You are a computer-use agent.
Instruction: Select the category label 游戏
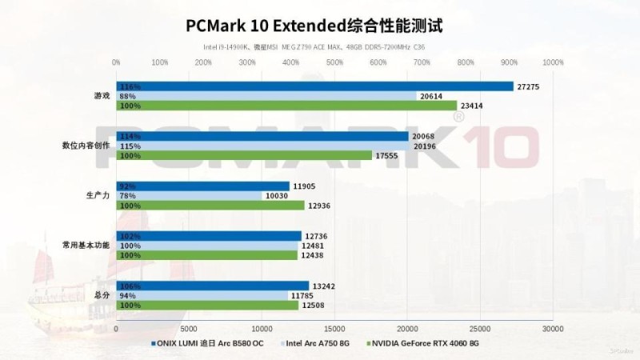pyautogui.click(x=102, y=96)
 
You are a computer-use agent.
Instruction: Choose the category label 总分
pyautogui.click(x=102, y=295)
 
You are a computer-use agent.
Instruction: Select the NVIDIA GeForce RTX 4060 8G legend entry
pyautogui.click(x=424, y=343)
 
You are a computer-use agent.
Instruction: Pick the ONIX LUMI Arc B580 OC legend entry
pyautogui.click(x=210, y=343)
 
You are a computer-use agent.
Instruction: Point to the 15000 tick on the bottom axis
pyautogui.click(x=334, y=328)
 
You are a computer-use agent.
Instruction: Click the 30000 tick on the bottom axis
pyautogui.click(x=552, y=328)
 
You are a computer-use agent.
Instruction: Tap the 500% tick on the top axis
pyautogui.click(x=334, y=62)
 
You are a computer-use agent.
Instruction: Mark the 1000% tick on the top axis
pyautogui.click(x=552, y=62)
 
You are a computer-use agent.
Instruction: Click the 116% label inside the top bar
pyautogui.click(x=130, y=86)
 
